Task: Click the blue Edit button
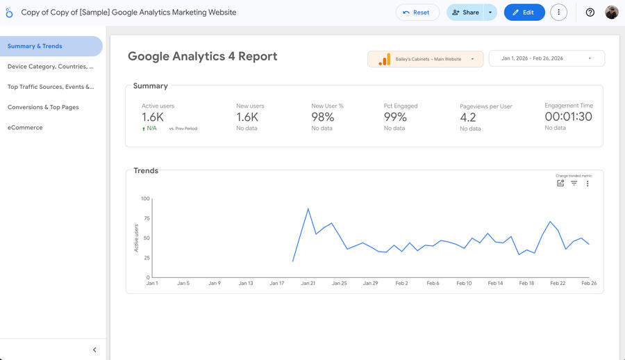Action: coord(524,13)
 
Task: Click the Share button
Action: coord(465,13)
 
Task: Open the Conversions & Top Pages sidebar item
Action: coord(43,107)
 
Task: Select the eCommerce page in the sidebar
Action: coord(25,127)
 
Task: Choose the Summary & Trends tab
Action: coord(35,46)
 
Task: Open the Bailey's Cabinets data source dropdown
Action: coord(425,59)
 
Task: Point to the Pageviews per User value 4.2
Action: coord(468,117)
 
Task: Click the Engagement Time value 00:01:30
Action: coord(568,117)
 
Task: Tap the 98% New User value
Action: coord(323,117)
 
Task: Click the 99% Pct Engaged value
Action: coord(395,117)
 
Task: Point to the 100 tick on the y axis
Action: coord(145,199)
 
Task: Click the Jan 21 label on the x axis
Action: coord(308,284)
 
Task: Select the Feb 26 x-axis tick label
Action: coord(589,284)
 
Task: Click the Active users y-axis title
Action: coord(137,238)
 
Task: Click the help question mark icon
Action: coord(590,13)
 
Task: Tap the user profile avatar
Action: coord(612,13)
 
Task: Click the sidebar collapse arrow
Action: coord(94,350)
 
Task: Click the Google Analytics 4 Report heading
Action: coord(203,57)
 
